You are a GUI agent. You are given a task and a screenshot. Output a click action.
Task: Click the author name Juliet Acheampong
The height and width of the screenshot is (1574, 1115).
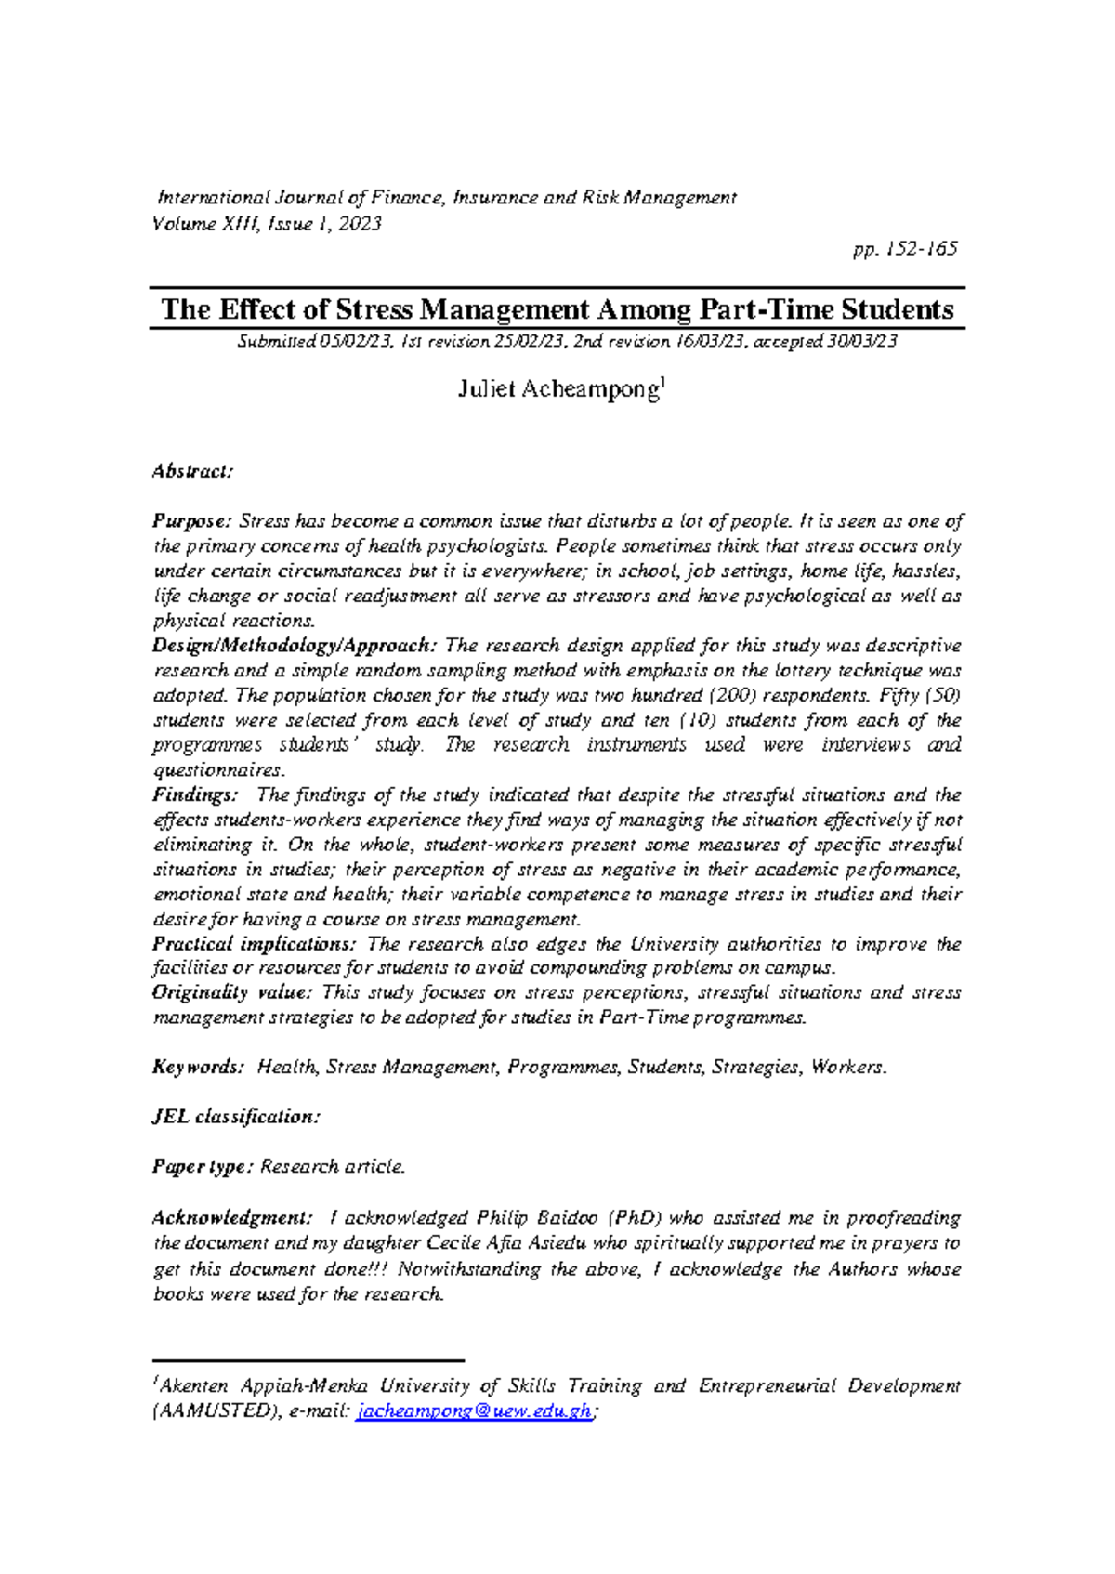point(557,389)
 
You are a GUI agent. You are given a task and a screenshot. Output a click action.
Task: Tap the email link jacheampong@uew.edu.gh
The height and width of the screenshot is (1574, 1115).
point(474,1411)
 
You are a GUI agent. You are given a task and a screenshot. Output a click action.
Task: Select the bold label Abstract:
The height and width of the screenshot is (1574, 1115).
point(191,471)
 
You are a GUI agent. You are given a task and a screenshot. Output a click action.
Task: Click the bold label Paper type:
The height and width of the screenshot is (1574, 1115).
point(202,1167)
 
